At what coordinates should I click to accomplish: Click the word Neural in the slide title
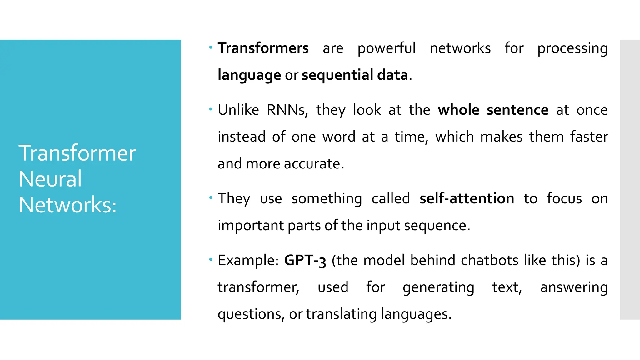[x=50, y=179]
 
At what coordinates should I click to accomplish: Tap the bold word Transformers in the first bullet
[x=263, y=48]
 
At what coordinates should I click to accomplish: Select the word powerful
[x=386, y=48]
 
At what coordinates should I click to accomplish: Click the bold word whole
[x=458, y=110]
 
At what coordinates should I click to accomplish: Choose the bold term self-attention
[x=467, y=199]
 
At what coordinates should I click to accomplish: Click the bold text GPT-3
[x=305, y=261]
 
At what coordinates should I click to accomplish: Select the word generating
[x=438, y=287]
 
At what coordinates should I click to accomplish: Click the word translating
[x=341, y=314]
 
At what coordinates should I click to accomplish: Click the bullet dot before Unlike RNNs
[x=211, y=109]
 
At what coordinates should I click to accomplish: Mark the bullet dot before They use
[x=211, y=197]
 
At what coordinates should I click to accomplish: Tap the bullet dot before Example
[x=211, y=259]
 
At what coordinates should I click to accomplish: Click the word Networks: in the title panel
[x=67, y=205]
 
